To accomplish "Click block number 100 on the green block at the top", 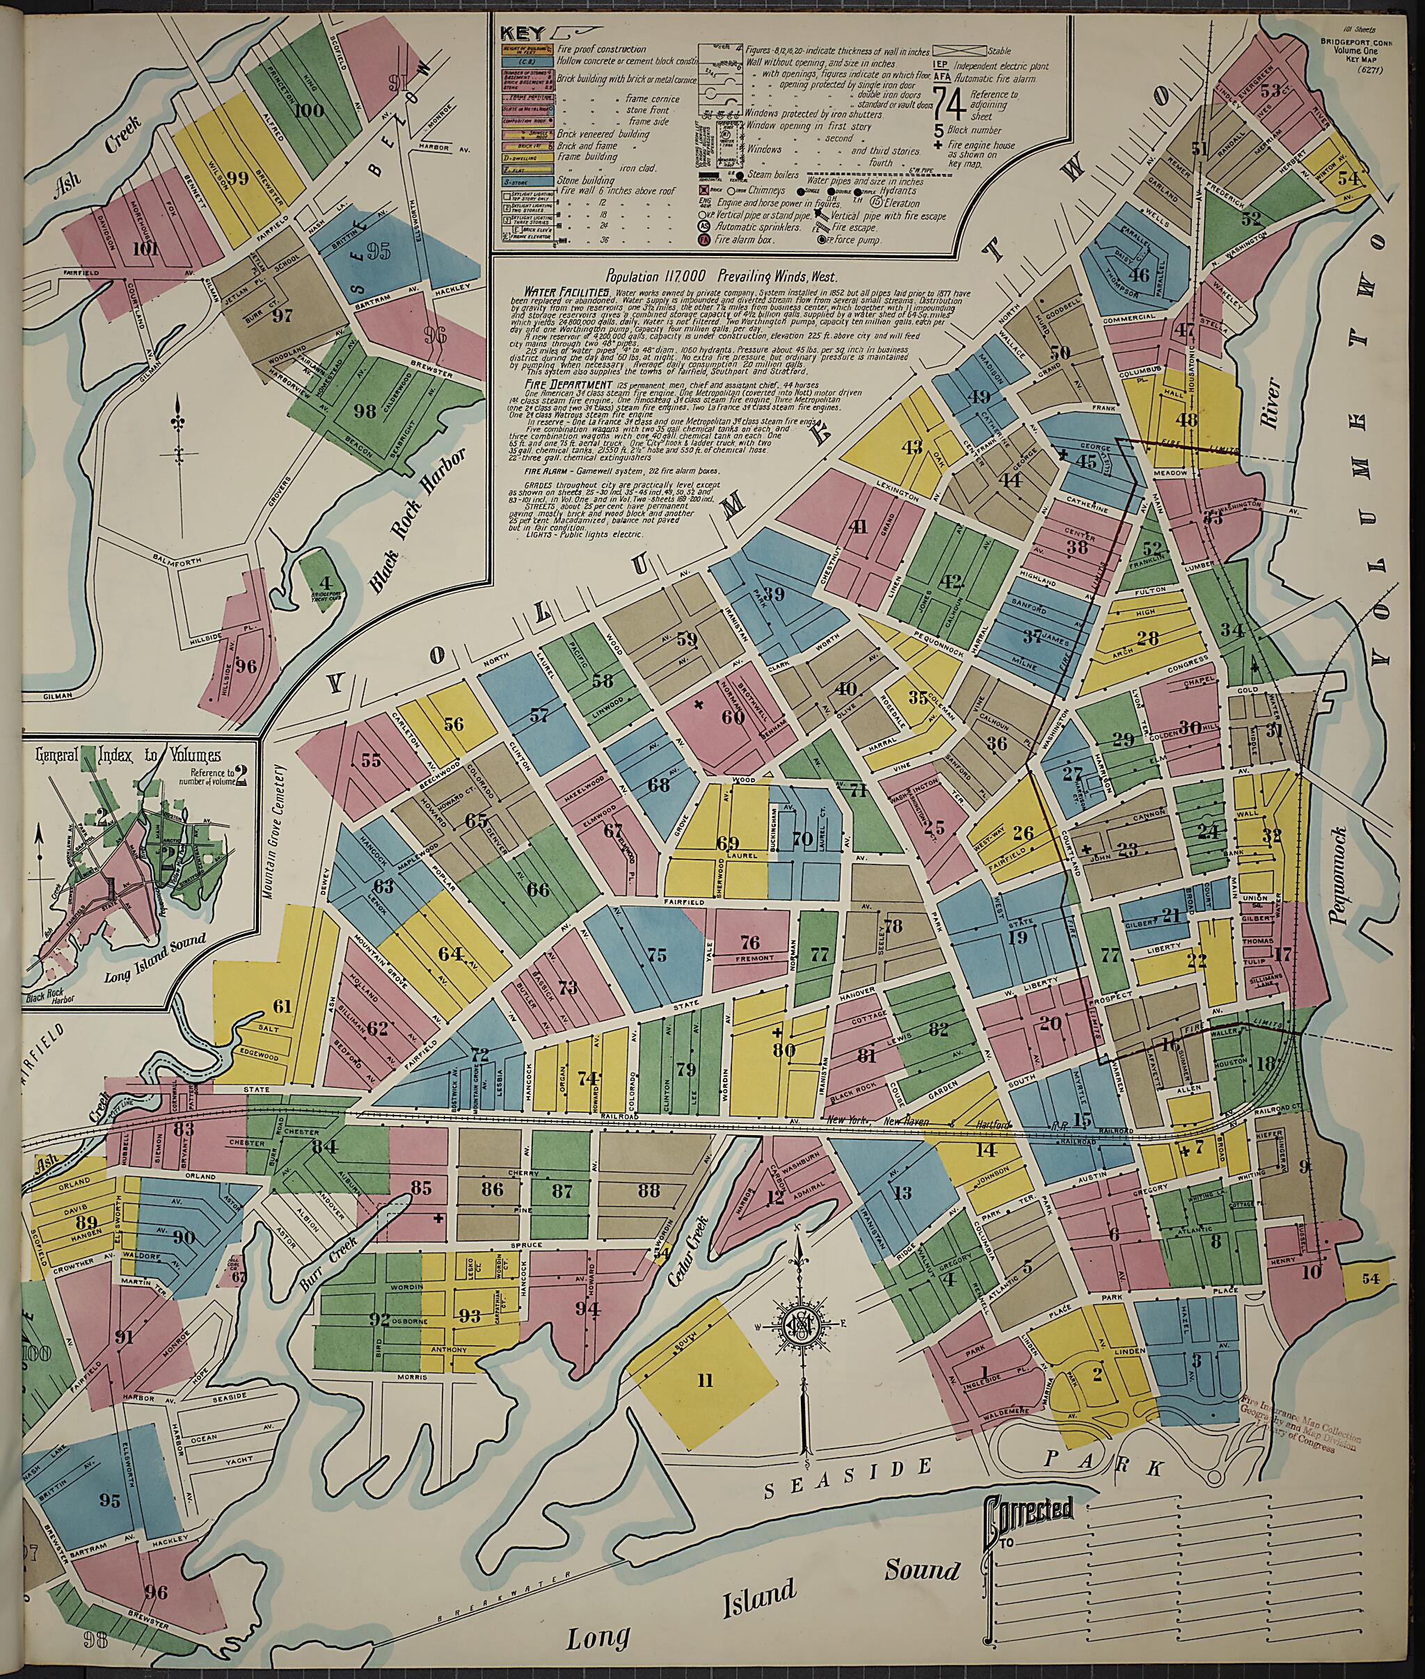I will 309,110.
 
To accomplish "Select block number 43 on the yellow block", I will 912,447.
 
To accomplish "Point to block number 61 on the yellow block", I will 282,1006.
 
